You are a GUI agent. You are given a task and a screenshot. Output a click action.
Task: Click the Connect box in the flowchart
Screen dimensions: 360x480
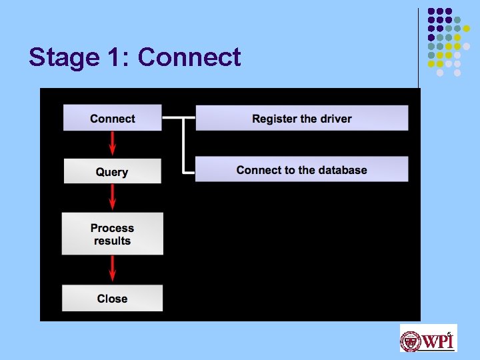(112, 118)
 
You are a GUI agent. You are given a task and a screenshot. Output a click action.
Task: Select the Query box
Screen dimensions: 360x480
(112, 171)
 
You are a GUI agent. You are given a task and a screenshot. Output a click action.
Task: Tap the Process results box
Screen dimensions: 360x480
(112, 234)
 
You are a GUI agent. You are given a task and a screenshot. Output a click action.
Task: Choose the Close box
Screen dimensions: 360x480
(112, 298)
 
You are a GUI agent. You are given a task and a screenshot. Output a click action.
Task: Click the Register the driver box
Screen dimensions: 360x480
(301, 118)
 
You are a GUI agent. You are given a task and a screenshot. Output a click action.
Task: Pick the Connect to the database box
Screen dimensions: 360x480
(301, 169)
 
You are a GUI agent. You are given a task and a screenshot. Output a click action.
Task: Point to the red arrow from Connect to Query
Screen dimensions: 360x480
(112, 143)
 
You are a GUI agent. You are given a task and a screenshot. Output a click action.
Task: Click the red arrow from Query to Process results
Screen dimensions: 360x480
(112, 197)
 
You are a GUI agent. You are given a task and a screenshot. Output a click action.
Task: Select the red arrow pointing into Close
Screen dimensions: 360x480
(112, 269)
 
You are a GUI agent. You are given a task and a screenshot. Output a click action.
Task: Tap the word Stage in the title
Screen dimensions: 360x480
(59, 57)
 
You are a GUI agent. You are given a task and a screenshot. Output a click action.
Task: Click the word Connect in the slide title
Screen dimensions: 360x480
(189, 57)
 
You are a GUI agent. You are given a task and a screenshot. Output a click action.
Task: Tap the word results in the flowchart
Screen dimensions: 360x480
(112, 241)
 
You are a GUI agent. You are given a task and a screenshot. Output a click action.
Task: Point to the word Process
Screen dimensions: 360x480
(112, 228)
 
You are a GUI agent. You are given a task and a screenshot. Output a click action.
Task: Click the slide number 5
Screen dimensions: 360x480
(449, 334)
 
